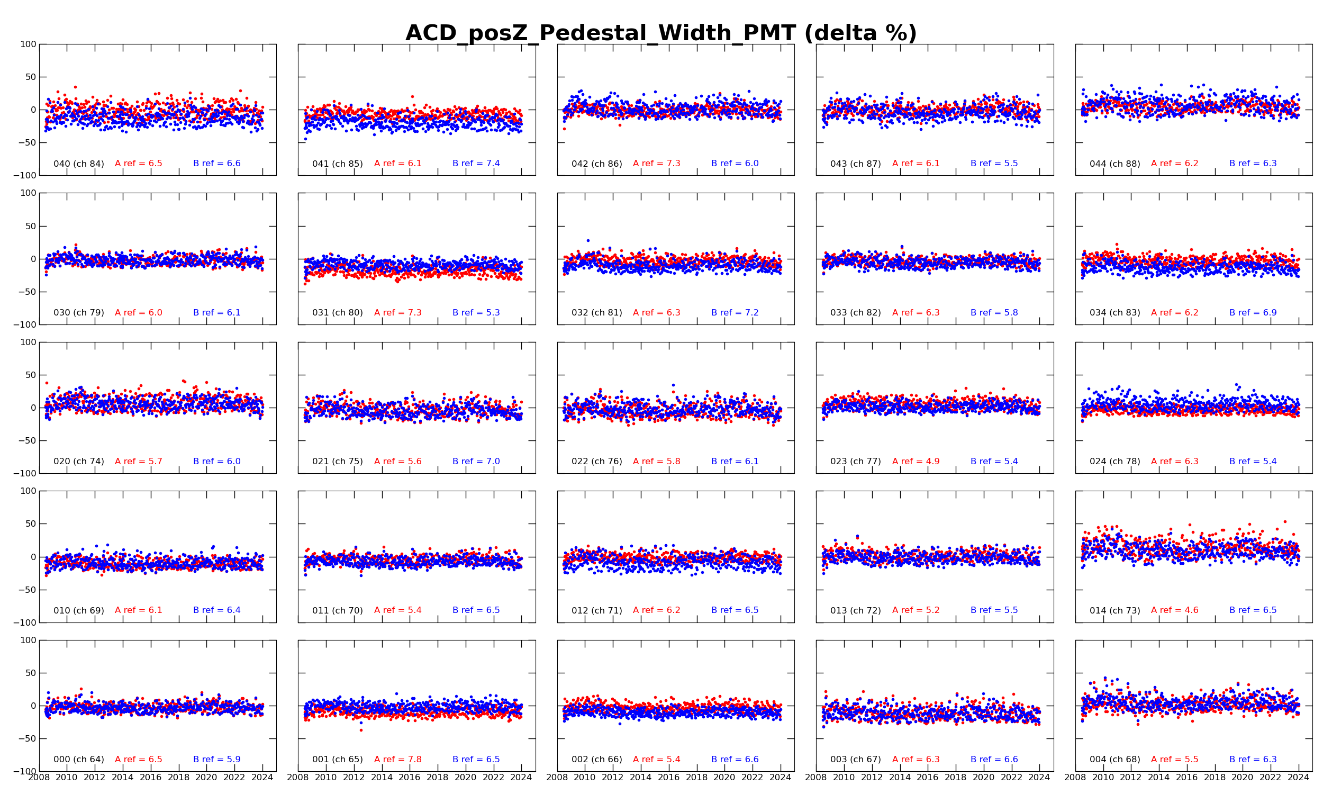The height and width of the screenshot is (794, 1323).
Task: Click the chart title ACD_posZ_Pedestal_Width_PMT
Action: (x=661, y=33)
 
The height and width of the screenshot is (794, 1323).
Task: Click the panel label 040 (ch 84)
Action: (x=79, y=164)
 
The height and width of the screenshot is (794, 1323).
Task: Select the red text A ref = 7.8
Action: (x=397, y=759)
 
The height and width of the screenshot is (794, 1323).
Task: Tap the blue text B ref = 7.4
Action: (x=476, y=164)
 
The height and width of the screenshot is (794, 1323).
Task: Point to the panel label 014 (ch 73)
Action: (x=1114, y=610)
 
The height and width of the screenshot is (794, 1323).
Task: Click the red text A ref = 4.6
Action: (x=1174, y=610)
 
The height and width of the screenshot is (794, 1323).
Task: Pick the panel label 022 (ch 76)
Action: (x=596, y=462)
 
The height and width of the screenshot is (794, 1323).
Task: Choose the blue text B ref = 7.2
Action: (x=735, y=313)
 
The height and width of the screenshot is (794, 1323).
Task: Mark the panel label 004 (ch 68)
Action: (x=1114, y=759)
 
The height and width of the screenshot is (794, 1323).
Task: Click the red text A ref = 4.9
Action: (x=916, y=462)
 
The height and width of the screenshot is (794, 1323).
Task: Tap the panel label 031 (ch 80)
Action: (x=338, y=313)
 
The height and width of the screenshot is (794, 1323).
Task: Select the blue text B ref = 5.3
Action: (x=476, y=313)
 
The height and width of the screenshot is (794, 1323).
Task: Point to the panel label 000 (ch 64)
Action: (x=79, y=759)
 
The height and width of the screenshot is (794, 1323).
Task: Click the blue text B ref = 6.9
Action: (x=1253, y=313)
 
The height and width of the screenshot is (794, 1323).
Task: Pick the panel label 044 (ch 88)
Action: (x=1114, y=164)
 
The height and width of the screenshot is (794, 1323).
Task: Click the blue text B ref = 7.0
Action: (x=476, y=462)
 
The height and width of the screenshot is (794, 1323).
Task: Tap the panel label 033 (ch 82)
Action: (x=855, y=313)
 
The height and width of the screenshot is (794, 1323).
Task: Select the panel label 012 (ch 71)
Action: (x=596, y=610)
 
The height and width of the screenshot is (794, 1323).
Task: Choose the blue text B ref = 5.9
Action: (x=216, y=759)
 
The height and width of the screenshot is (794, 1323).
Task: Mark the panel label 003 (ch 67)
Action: (x=855, y=759)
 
